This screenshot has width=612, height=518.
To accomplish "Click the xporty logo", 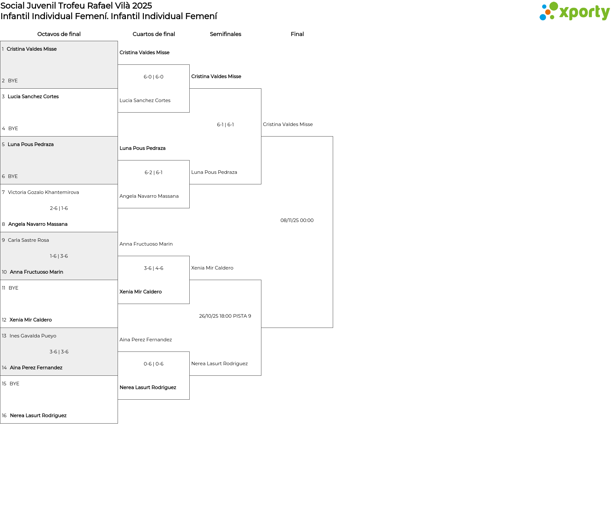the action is [574, 11].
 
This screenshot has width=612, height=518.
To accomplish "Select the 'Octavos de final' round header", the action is [59, 34].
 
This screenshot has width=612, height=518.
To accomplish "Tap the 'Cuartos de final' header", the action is [154, 34].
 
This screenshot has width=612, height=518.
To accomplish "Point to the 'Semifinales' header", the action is [225, 34].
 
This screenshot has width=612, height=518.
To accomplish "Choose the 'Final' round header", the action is [297, 34].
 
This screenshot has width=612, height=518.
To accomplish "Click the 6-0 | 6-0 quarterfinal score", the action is [154, 77].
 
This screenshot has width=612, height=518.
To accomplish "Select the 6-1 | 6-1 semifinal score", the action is [225, 125].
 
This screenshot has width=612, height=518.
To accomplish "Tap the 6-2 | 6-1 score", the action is [154, 173].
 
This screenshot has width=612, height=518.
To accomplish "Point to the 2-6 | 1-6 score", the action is [59, 208].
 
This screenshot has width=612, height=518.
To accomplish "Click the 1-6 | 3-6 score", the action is [59, 256].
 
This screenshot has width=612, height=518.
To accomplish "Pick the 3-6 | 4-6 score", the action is [154, 268].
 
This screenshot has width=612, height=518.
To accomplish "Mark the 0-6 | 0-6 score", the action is [154, 364].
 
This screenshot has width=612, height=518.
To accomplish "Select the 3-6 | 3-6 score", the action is [59, 352].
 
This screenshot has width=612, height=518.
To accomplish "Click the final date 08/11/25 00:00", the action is [297, 220].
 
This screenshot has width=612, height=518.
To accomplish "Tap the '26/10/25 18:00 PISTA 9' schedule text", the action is [225, 316].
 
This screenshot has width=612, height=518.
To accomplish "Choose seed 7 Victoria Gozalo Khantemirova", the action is [43, 192].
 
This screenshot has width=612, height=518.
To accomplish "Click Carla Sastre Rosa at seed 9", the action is [28, 240].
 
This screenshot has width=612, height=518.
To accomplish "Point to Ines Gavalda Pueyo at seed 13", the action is [33, 336].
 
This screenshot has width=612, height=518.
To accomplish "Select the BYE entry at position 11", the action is [13, 288].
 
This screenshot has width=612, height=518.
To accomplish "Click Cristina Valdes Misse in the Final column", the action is [288, 124].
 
